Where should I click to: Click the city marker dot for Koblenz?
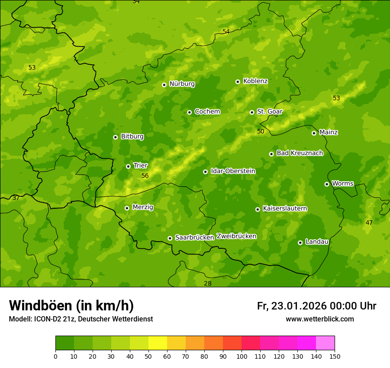(x=238, y=82)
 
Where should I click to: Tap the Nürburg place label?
(x=182, y=84)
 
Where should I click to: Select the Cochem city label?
(x=207, y=112)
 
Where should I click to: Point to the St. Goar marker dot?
(x=252, y=112)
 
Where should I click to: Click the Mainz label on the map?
(x=328, y=132)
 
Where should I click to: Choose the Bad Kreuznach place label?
(x=300, y=153)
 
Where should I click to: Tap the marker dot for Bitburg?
(x=115, y=137)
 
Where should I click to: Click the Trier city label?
(x=140, y=165)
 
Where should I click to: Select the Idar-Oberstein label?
(x=233, y=171)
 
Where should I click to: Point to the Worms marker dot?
(x=327, y=184)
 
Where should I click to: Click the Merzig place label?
(x=143, y=207)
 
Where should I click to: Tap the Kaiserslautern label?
(x=285, y=208)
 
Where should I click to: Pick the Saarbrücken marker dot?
(x=170, y=238)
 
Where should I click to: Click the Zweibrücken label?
(x=236, y=236)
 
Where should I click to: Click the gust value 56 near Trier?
(x=145, y=176)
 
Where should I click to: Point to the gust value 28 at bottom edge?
(x=207, y=283)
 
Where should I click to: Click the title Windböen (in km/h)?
(x=71, y=305)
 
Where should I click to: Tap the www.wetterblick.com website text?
(x=320, y=319)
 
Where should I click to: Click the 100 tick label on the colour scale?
(x=242, y=356)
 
